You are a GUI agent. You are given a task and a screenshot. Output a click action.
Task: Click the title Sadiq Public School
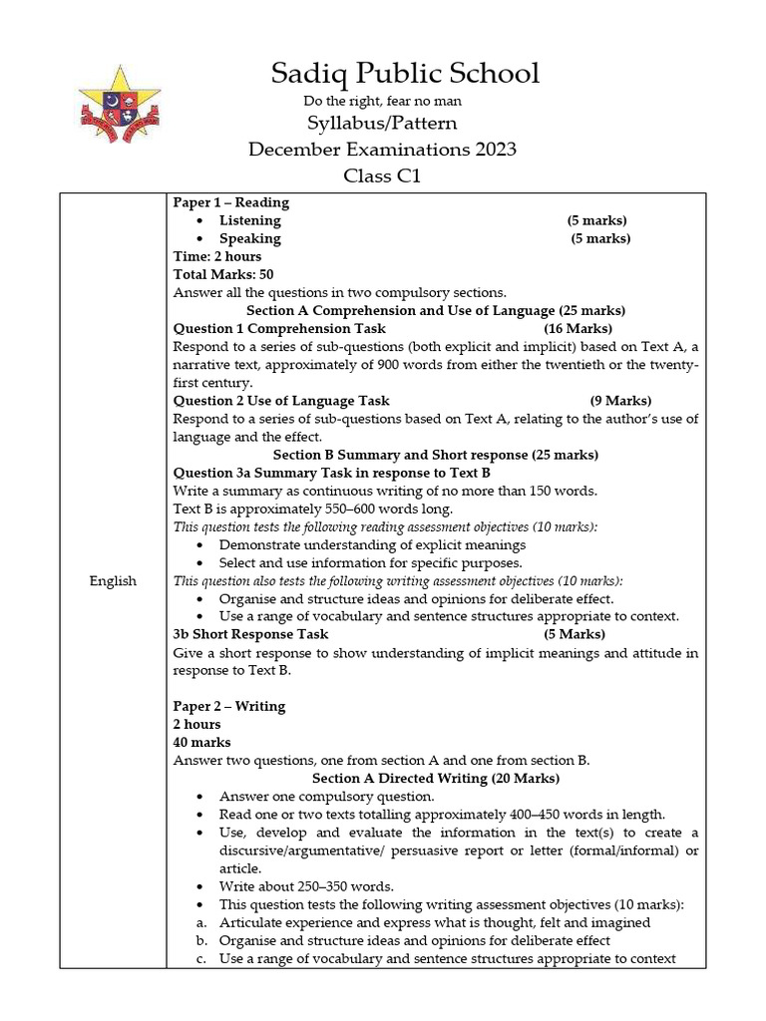tap(406, 73)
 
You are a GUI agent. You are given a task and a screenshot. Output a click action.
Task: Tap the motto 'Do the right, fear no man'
tap(382, 101)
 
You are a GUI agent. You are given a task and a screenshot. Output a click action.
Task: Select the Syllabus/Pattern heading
tap(382, 125)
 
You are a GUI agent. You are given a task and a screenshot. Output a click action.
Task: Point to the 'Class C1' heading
tap(382, 176)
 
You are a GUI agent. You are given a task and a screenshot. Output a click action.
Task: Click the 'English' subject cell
tap(113, 580)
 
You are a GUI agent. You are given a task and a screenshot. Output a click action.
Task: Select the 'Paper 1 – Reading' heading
tap(231, 202)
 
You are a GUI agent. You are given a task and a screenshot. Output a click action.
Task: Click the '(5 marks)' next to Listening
tap(597, 220)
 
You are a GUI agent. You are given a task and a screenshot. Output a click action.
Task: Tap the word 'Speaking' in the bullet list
tap(250, 238)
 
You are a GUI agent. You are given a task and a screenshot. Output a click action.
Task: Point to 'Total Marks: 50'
tap(223, 274)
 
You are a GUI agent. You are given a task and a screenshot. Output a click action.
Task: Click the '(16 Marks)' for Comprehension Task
tap(578, 328)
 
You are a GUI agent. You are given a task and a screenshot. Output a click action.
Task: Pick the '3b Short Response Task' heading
tap(250, 634)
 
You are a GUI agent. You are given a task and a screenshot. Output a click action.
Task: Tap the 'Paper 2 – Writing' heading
tap(229, 706)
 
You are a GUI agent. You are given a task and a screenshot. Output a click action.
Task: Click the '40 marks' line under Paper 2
tap(202, 742)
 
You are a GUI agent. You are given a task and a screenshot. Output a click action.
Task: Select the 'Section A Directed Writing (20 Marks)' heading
tap(436, 778)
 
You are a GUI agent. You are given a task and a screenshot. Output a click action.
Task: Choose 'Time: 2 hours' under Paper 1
tap(217, 256)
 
